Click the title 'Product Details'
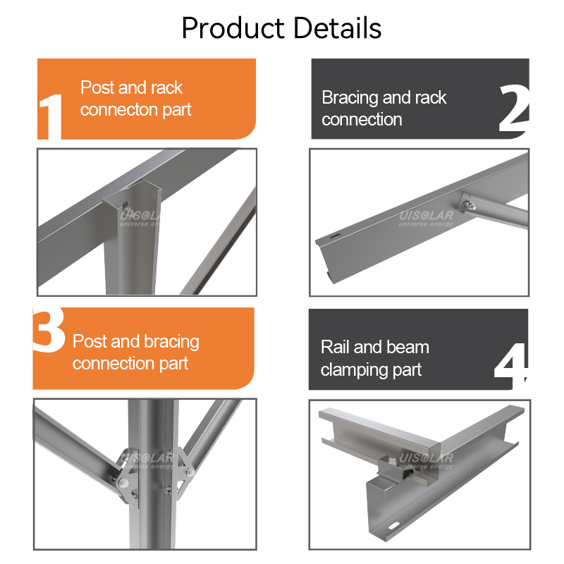click(x=281, y=28)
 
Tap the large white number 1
click(x=51, y=116)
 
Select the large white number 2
click(x=514, y=108)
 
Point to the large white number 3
click(x=49, y=330)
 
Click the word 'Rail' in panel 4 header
click(x=335, y=348)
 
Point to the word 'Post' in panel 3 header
click(x=90, y=341)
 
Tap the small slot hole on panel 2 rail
click(x=334, y=236)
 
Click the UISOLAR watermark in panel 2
click(x=427, y=219)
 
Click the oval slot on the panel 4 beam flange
click(x=394, y=526)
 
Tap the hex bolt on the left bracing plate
click(x=123, y=483)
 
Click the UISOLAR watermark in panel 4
click(x=427, y=461)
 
